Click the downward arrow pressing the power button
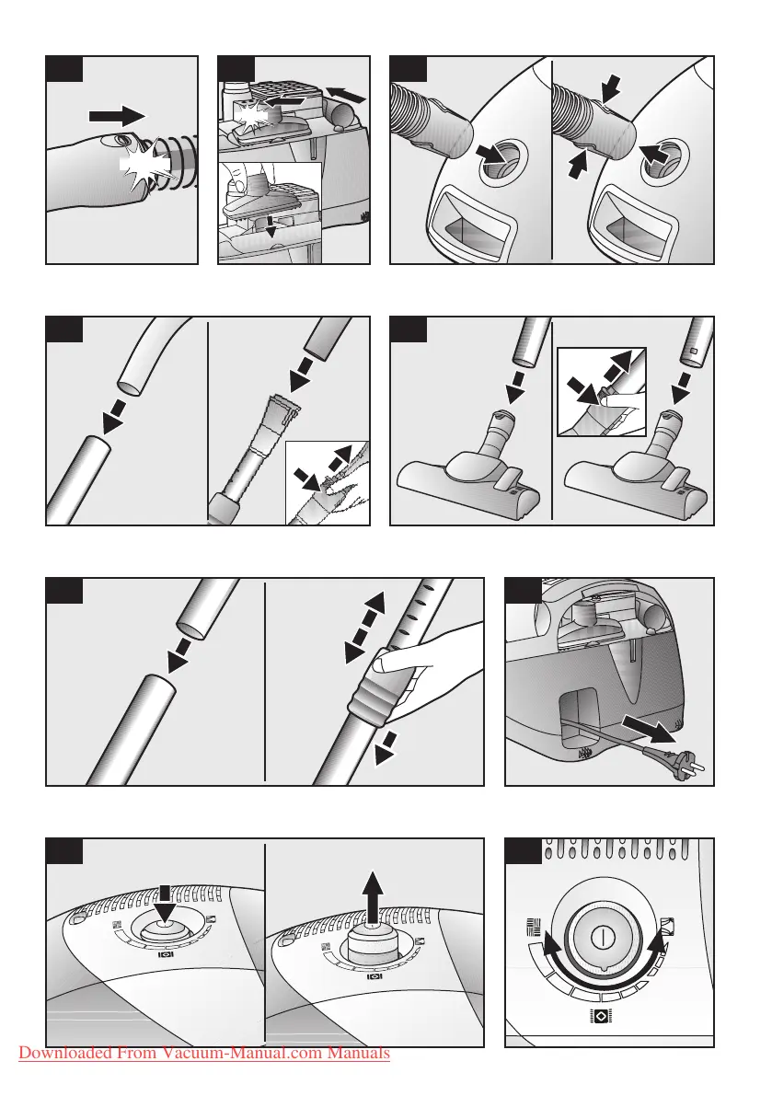coord(166,904)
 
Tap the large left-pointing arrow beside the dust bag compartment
coord(346,95)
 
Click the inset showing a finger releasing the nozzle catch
coord(602,391)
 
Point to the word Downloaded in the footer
coord(65,1053)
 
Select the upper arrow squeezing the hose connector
coord(610,88)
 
